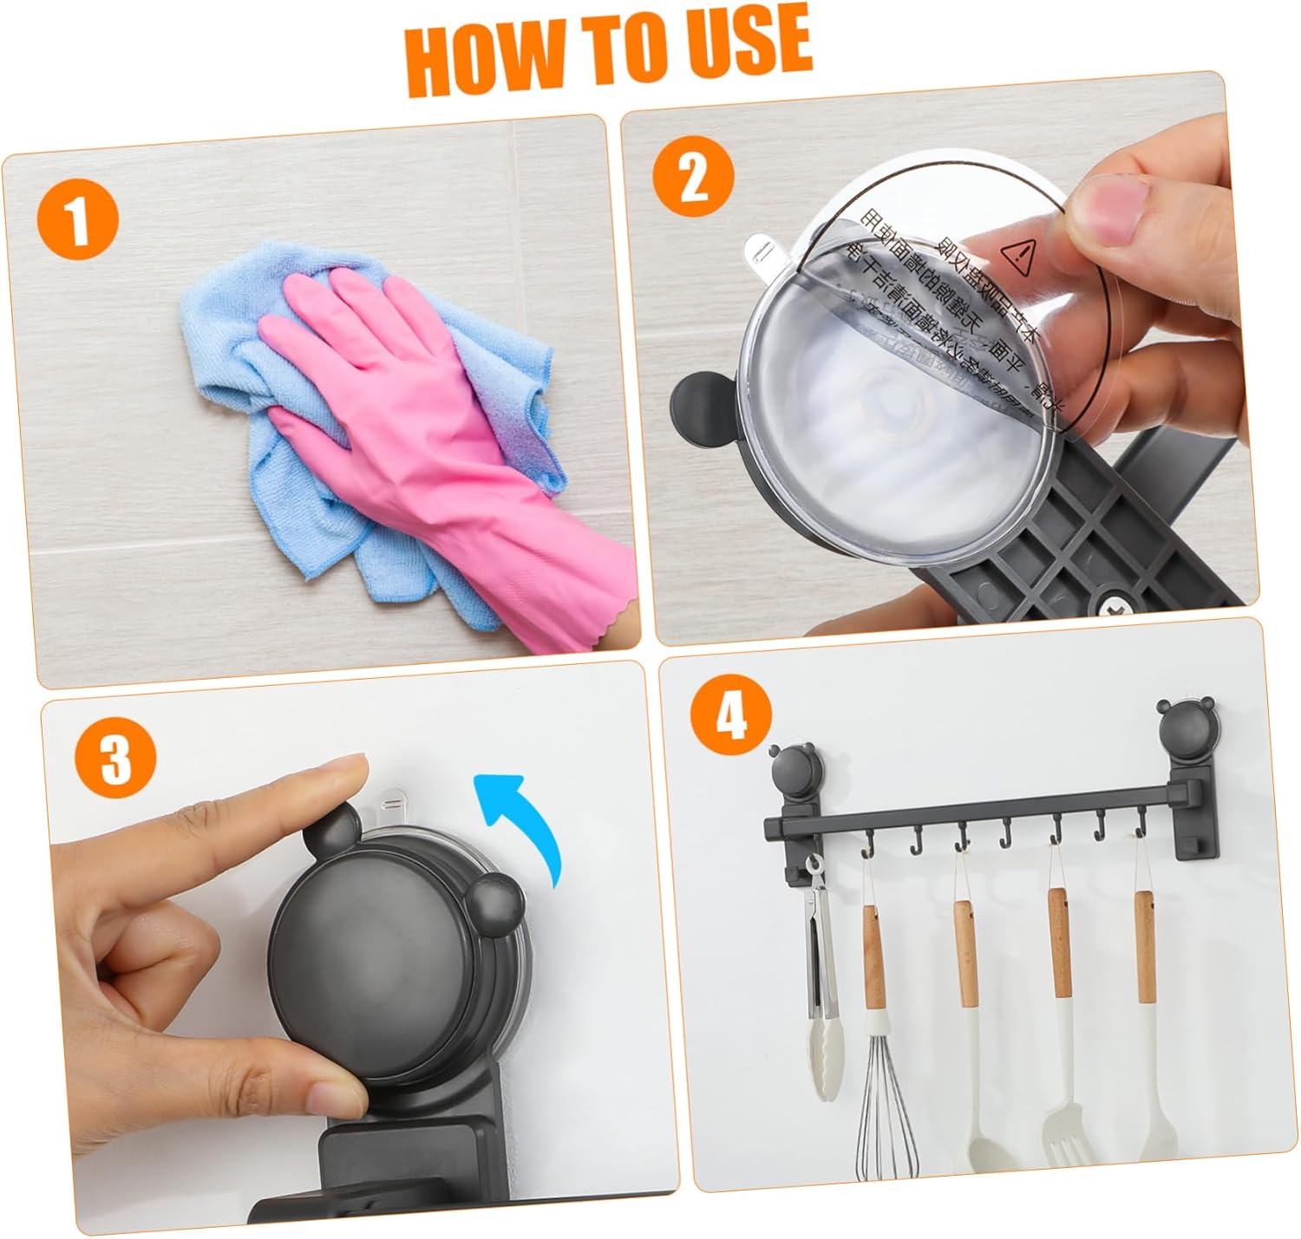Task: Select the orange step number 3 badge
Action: [x=115, y=757]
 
